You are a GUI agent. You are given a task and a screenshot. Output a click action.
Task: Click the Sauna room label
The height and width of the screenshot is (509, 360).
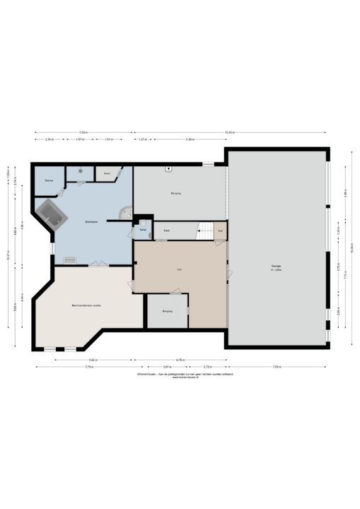coord(49,181)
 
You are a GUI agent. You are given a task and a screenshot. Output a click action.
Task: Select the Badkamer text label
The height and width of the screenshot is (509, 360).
coord(91,223)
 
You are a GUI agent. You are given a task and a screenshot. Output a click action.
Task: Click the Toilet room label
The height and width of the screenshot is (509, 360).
coord(142,230)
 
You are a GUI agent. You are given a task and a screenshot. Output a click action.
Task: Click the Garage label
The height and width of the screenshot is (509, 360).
coord(276,267)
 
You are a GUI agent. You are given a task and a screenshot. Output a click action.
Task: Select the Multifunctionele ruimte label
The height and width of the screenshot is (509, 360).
coord(86,305)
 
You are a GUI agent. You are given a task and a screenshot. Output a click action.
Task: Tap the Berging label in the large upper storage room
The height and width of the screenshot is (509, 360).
coord(175,193)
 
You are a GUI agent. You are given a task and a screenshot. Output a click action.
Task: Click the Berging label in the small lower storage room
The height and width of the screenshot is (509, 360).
coord(167,311)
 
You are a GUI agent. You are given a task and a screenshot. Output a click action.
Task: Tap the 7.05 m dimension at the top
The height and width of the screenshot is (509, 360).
coord(83,132)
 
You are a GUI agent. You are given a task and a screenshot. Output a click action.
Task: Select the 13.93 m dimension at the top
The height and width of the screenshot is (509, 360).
coord(230,132)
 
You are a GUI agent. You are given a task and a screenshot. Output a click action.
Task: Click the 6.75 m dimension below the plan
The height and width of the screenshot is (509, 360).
coord(180,359)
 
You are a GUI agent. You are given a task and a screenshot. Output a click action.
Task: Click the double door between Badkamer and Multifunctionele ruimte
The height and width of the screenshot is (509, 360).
coord(98,264)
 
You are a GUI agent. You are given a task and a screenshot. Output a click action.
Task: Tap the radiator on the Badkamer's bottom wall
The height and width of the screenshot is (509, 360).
coord(70,261)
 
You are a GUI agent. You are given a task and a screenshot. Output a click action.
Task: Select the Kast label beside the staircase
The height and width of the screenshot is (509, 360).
coord(167,230)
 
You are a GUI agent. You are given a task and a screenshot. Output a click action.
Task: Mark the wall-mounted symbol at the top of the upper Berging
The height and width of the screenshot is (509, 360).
coord(168,169)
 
